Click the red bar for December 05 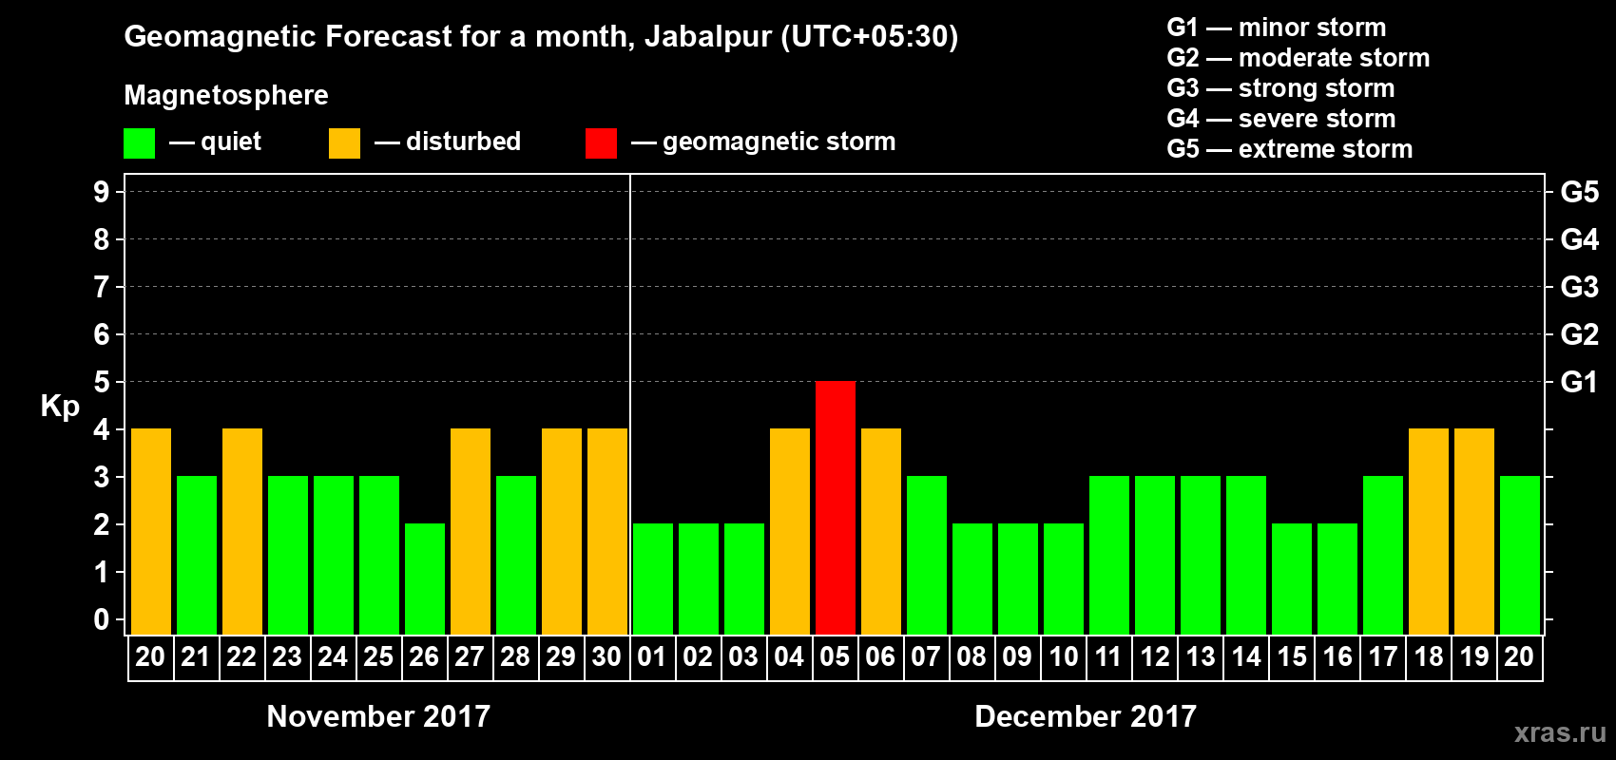click(x=836, y=507)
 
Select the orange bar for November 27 click(x=471, y=531)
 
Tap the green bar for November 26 click(x=425, y=579)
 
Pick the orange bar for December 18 click(x=1429, y=531)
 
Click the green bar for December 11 click(x=1109, y=555)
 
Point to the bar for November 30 click(x=607, y=531)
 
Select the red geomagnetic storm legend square click(x=601, y=143)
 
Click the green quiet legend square click(x=139, y=143)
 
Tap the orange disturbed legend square click(x=344, y=143)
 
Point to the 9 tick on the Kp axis click(x=102, y=192)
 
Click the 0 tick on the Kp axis click(x=102, y=620)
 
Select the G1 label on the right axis click(x=1579, y=382)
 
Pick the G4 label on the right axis click(x=1579, y=239)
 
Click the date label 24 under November click(x=333, y=657)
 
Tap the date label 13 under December click(x=1201, y=657)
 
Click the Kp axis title click(x=60, y=407)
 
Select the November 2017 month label click(x=378, y=716)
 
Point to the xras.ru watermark click(x=1560, y=732)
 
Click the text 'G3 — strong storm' click(x=1280, y=88)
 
